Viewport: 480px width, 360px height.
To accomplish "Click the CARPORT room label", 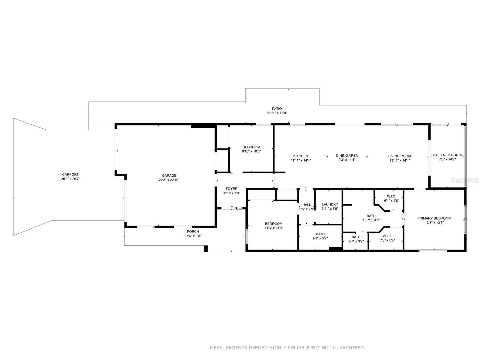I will pos(70,174).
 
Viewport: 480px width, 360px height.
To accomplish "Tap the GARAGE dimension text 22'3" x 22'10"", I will pos(169,180).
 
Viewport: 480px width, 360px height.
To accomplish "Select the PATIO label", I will pos(277,109).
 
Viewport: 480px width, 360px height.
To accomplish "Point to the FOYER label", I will pos(232,189).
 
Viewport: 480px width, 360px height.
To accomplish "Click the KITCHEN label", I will pos(301,156).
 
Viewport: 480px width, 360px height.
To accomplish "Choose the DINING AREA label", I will pos(347,155).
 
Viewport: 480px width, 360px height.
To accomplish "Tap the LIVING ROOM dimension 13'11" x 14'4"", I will pos(400,160).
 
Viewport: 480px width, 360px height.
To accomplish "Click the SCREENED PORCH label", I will pos(447,155).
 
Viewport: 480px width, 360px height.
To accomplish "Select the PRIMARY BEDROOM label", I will pos(434,218).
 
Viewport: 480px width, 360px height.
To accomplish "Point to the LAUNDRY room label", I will pos(330,204).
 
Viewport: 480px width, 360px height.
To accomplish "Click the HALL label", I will pos(307,205).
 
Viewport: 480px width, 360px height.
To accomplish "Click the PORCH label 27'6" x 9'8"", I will pos(193,232).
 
